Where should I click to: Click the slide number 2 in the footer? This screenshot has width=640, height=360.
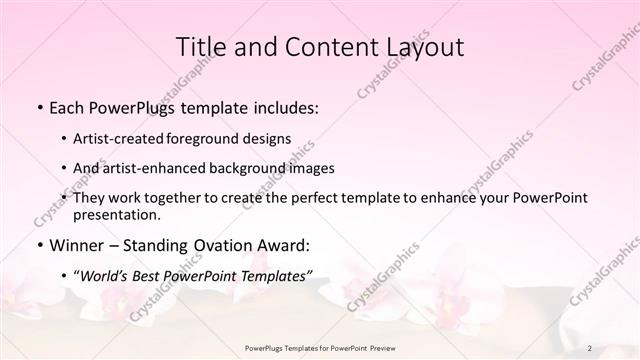(590, 348)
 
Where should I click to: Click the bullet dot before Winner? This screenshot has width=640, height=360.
(39, 245)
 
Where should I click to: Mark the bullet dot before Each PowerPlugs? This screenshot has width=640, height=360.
(39, 107)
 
